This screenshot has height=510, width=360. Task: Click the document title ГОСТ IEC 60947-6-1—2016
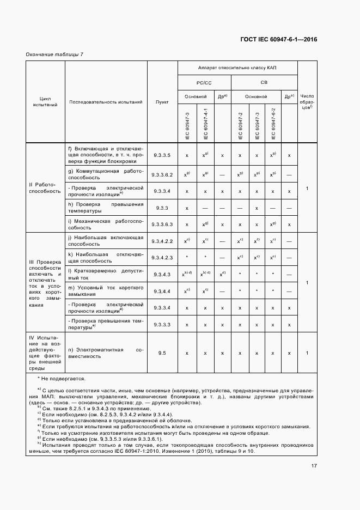pyautogui.click(x=278, y=39)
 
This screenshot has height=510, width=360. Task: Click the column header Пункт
pyautogui.click(x=162, y=102)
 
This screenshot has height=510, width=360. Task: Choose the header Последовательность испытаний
pyautogui.click(x=106, y=102)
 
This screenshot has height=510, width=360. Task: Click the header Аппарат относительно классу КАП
pyautogui.click(x=237, y=68)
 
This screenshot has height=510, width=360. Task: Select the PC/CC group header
pyautogui.click(x=204, y=82)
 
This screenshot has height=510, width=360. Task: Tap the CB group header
pyautogui.click(x=264, y=82)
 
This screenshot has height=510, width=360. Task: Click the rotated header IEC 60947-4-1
pyautogui.click(x=205, y=124)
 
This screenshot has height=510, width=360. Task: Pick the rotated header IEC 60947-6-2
pyautogui.click(x=273, y=124)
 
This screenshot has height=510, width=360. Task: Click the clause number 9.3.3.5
pyautogui.click(x=162, y=155)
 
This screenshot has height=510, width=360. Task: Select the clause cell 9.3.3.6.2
pyautogui.click(x=162, y=175)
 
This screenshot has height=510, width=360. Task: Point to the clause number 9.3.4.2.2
pyautogui.click(x=162, y=241)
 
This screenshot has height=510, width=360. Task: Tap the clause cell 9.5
pyautogui.click(x=162, y=353)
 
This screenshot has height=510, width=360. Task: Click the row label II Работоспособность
pyautogui.click(x=45, y=188)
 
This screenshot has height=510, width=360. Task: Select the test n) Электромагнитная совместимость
pyautogui.click(x=105, y=353)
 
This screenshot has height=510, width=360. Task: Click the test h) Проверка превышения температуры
pyautogui.click(x=105, y=208)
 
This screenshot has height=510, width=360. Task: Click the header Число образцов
pyautogui.click(x=307, y=102)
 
